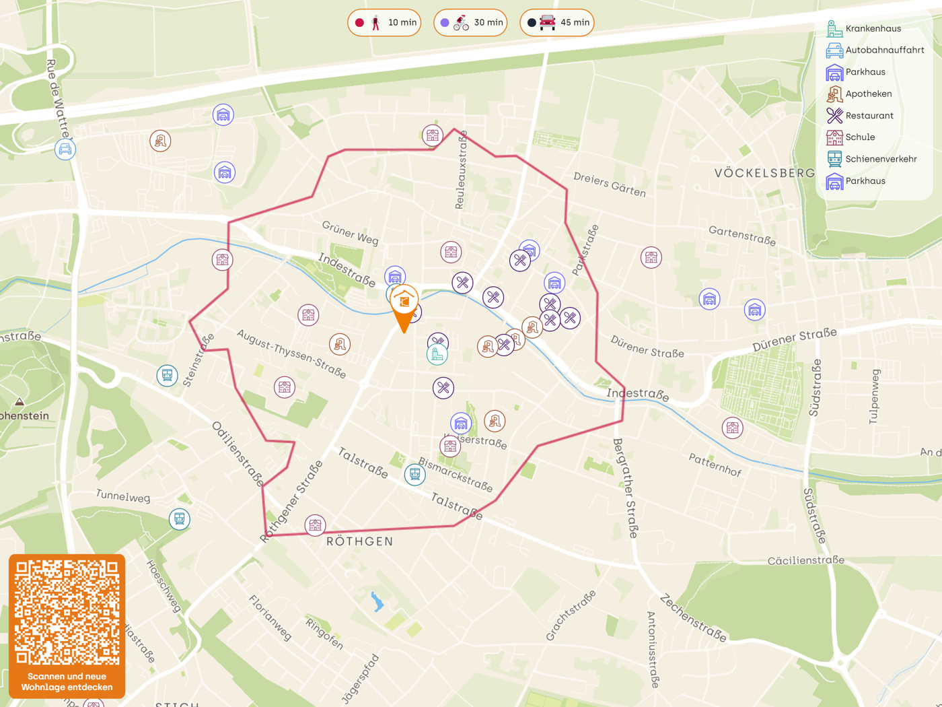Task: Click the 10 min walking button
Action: click(384, 23)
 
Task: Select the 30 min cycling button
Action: click(470, 23)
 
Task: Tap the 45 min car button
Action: click(556, 23)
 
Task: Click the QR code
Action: click(67, 612)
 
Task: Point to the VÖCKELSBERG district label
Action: click(764, 173)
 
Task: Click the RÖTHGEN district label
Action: click(359, 541)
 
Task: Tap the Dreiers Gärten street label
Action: click(610, 184)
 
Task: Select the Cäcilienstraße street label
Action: click(805, 560)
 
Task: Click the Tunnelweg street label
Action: click(123, 496)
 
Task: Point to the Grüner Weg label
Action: click(350, 233)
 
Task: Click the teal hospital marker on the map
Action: click(437, 354)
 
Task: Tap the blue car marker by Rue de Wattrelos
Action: click(65, 149)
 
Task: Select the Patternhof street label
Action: click(715, 465)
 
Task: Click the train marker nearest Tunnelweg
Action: click(179, 518)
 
